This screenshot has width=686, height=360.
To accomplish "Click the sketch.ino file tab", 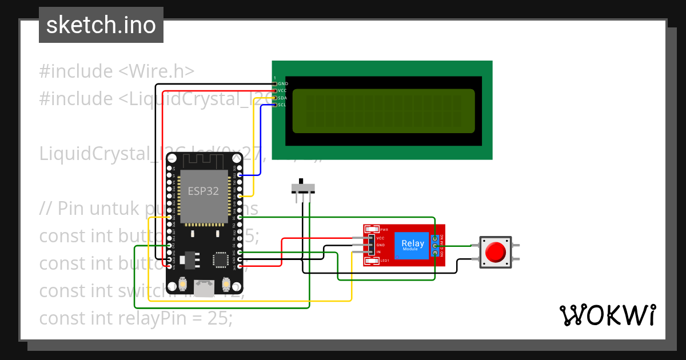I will pyautogui.click(x=101, y=25).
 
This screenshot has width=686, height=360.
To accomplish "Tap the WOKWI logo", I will pyautogui.click(x=607, y=315).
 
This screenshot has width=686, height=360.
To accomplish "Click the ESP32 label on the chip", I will pyautogui.click(x=204, y=191).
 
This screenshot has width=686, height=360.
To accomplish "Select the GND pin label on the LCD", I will pyautogui.click(x=282, y=83).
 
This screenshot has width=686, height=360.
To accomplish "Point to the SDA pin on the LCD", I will pyautogui.click(x=282, y=98).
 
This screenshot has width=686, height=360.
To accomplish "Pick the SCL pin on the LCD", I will pyautogui.click(x=282, y=105).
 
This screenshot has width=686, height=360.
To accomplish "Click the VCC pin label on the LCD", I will pyautogui.click(x=282, y=90).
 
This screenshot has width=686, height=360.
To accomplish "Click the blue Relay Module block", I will pyautogui.click(x=412, y=245).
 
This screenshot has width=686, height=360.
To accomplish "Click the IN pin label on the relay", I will pyautogui.click(x=379, y=252).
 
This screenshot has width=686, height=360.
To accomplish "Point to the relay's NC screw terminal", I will pyautogui.click(x=435, y=238).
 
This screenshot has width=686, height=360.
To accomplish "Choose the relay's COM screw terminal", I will pyautogui.click(x=435, y=246).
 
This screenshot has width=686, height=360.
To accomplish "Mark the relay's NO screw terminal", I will pyautogui.click(x=435, y=253).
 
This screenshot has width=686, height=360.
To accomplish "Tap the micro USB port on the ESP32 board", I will pyautogui.click(x=204, y=284).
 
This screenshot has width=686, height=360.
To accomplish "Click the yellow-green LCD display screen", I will pyautogui.click(x=384, y=111).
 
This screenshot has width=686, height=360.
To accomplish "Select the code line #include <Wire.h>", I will pyautogui.click(x=117, y=71).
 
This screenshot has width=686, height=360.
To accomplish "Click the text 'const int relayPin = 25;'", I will pyautogui.click(x=135, y=318).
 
